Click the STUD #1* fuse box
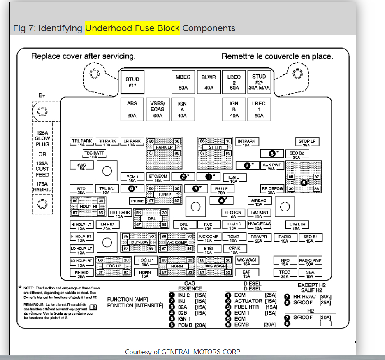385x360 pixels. tap(132, 82)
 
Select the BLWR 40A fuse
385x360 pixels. tap(209, 82)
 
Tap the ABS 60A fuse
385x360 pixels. tap(132, 109)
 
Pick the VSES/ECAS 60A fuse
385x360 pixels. tap(157, 109)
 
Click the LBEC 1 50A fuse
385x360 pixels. tap(259, 109)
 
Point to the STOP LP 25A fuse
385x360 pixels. tap(307, 143)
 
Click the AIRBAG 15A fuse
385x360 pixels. tap(259, 202)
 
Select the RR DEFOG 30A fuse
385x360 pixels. tap(272, 190)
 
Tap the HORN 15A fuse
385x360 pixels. tap(145, 274)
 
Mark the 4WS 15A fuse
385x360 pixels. tap(81, 166)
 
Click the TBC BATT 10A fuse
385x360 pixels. tap(94, 155)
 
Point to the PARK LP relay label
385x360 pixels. tap(164, 147)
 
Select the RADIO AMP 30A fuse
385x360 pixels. tap(310, 262)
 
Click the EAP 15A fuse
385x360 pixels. tap(246, 274)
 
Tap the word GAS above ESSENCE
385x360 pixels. tap(189, 284)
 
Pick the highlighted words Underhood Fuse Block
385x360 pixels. tap(132, 28)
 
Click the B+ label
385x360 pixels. tap(42, 95)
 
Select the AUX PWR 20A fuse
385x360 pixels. tap(271, 166)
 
